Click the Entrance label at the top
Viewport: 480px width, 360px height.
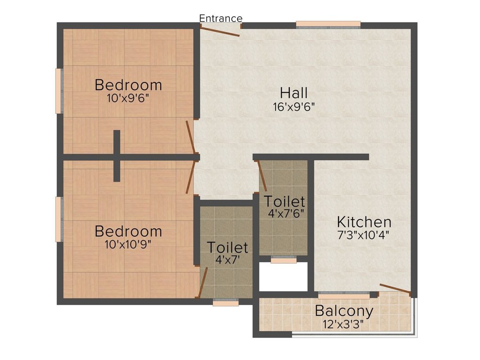coord(221,18)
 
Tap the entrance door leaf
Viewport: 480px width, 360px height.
coord(220,31)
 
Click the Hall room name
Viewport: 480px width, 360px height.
coord(294,92)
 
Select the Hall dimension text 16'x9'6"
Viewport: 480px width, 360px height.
coord(294,106)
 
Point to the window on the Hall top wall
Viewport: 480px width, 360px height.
coord(328,24)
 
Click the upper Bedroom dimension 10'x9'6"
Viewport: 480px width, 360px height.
coord(128,98)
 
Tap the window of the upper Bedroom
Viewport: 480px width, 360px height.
coord(59,91)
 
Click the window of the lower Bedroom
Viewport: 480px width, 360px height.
coord(59,219)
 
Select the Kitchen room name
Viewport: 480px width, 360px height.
coord(364,222)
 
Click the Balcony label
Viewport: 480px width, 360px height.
coord(344,311)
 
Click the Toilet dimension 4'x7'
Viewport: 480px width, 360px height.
coord(228,259)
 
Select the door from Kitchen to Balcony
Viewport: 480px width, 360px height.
coord(395,290)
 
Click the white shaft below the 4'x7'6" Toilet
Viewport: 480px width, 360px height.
coord(284,277)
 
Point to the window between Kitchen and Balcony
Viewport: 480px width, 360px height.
coord(348,295)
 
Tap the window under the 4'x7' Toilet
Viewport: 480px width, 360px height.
coord(225,303)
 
